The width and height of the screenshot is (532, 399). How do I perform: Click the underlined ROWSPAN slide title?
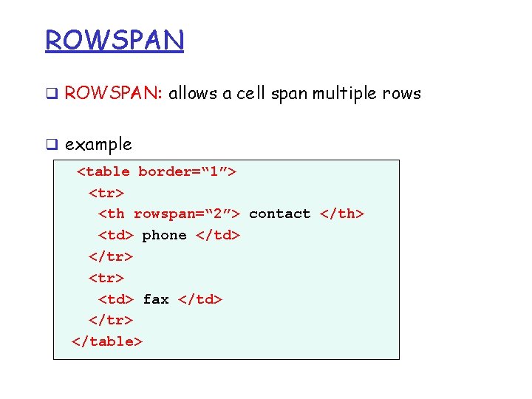tap(115, 40)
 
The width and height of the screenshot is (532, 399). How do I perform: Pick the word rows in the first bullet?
tap(403, 94)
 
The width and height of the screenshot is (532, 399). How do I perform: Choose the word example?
tap(98, 145)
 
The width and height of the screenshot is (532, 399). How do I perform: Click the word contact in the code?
tap(280, 214)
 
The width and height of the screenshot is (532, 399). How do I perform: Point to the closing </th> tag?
tap(342, 214)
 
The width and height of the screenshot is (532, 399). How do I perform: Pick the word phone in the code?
tap(164, 235)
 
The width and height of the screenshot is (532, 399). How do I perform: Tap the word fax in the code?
tap(156, 299)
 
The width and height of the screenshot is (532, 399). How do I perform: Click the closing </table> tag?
tap(107, 341)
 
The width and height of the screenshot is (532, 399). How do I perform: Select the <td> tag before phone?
tap(116, 235)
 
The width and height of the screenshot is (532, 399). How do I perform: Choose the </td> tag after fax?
tap(199, 299)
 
